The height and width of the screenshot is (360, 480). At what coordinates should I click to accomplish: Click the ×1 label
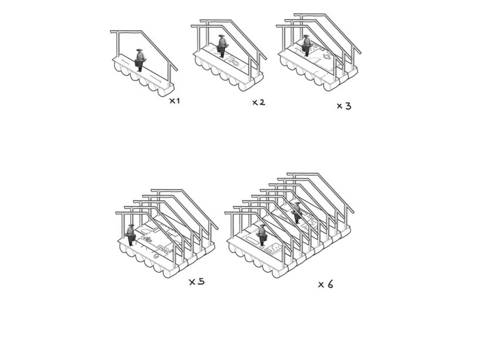(174, 101)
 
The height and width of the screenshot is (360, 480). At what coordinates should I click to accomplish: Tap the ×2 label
(259, 102)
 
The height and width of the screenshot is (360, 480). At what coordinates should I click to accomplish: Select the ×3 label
(344, 106)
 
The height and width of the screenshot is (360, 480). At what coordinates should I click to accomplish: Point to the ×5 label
(197, 281)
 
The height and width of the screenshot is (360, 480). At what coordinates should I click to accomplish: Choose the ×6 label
(326, 284)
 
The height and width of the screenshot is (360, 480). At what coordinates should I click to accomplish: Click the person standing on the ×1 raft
(140, 60)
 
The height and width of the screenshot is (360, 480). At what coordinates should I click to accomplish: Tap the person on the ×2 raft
(222, 46)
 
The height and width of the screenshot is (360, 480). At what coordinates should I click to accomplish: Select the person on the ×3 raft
(306, 46)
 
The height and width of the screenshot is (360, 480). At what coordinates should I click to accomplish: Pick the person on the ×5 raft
(131, 235)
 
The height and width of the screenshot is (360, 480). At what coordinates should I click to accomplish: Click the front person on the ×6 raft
(262, 235)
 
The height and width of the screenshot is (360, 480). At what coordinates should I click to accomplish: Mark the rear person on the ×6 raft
(297, 213)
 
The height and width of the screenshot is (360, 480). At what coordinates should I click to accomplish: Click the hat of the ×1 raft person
(140, 49)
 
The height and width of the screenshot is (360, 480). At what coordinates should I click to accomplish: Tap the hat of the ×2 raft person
(222, 36)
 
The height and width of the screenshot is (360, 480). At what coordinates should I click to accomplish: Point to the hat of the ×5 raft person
(131, 225)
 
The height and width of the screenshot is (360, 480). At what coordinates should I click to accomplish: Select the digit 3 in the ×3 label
(348, 106)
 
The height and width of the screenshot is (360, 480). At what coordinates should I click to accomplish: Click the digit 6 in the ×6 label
(330, 284)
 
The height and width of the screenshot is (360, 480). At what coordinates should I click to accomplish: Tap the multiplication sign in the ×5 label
(192, 282)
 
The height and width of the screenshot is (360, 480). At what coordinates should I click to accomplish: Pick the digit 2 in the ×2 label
(262, 102)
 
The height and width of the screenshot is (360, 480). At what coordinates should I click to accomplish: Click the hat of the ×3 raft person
(306, 36)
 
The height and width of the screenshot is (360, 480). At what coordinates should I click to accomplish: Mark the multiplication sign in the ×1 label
(172, 101)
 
